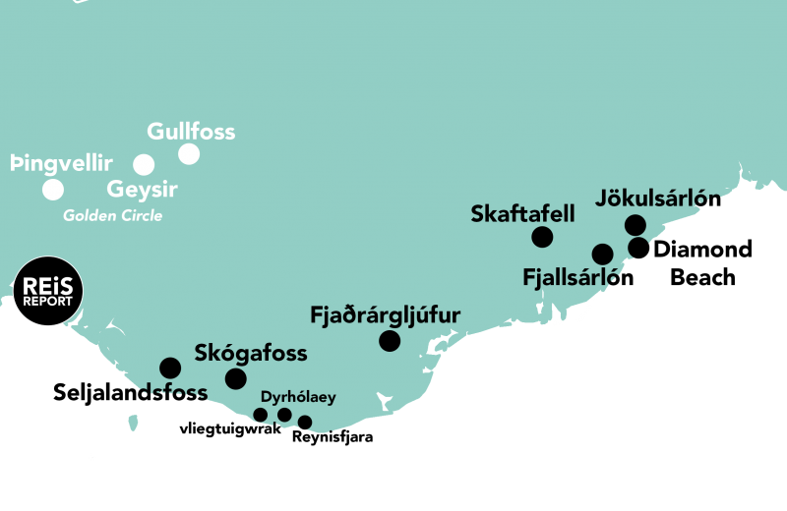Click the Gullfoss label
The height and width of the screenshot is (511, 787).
coord(191,131)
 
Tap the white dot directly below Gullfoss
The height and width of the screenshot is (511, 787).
coord(189,154)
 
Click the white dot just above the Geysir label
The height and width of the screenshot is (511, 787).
coord(144,164)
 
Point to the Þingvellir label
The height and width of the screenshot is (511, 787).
coord(61,163)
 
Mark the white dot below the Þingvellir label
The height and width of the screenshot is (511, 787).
coord(53,190)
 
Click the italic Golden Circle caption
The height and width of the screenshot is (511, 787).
coord(112,215)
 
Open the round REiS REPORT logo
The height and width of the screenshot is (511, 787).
coord(47,291)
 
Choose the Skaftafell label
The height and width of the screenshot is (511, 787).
coord(523,213)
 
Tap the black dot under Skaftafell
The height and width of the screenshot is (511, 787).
coord(542,237)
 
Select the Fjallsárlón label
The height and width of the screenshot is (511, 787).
coord(571,277)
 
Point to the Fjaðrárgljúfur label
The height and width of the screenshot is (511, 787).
coord(385,315)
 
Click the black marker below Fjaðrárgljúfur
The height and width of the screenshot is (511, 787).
coord(390,341)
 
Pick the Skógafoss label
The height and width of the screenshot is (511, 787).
coord(251,353)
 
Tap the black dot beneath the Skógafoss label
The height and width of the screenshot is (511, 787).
coord(236,379)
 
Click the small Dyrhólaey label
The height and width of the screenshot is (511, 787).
coord(298,397)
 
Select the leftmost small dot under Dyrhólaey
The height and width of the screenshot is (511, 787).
coord(261,415)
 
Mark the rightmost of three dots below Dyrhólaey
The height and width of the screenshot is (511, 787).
coord(305,423)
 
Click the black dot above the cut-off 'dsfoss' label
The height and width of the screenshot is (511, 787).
coord(170,369)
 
